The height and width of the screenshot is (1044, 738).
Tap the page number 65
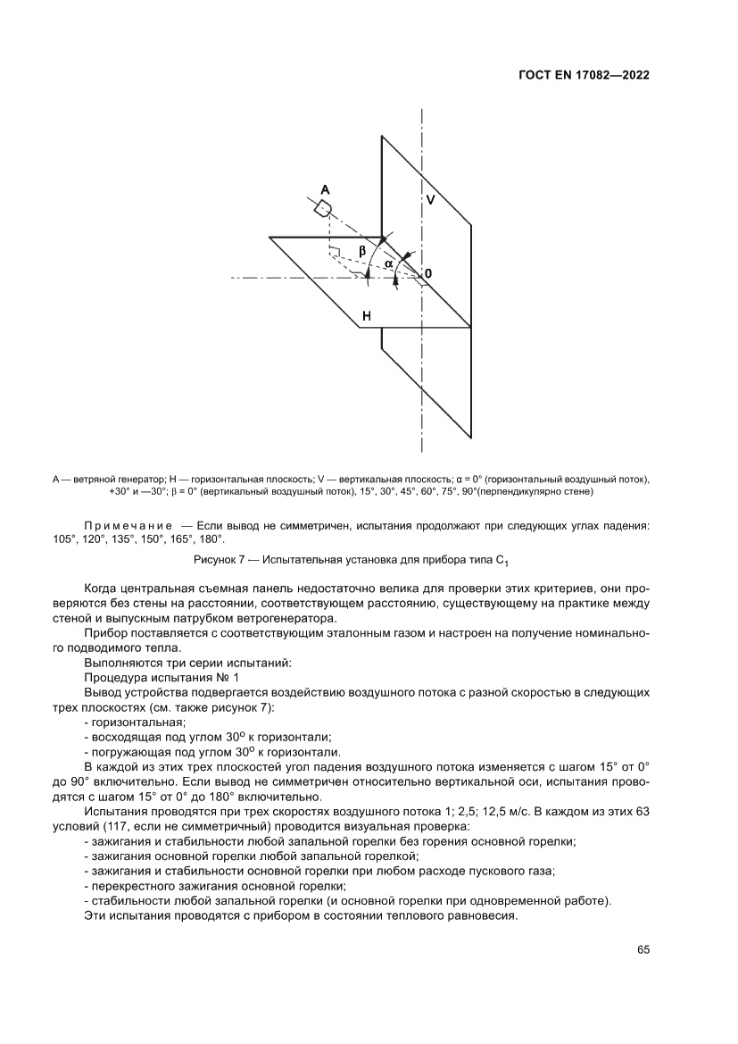(642, 949)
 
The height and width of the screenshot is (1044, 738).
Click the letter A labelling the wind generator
(325, 189)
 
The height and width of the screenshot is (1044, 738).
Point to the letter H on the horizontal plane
(367, 315)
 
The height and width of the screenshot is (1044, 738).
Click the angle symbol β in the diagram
(362, 252)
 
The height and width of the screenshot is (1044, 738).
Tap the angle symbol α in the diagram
(389, 263)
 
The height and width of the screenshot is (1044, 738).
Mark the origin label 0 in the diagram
(428, 272)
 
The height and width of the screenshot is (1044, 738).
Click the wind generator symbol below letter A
(324, 208)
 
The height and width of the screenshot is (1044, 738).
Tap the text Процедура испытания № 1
(146, 679)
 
